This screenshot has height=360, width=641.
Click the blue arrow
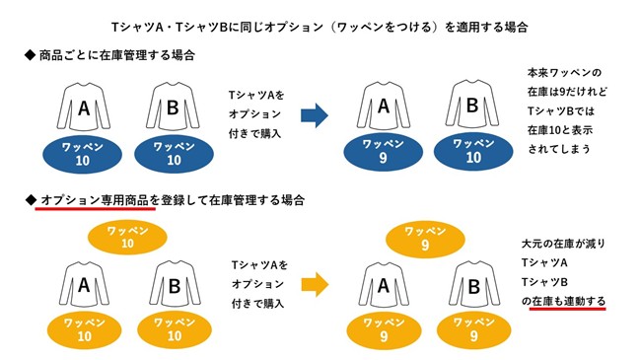tap(314, 115)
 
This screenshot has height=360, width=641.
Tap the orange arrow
tap(314, 285)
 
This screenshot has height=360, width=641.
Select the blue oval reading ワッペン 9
tap(382, 151)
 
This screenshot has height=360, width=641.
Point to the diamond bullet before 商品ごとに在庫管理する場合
tap(30, 55)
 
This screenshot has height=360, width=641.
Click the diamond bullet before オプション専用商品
tap(30, 199)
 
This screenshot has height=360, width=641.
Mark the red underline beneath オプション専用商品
tap(96, 209)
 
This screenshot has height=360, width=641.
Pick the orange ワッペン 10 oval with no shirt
tap(126, 236)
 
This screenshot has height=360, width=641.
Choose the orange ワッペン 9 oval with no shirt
tap(425, 237)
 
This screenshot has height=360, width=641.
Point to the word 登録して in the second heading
tap(183, 199)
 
